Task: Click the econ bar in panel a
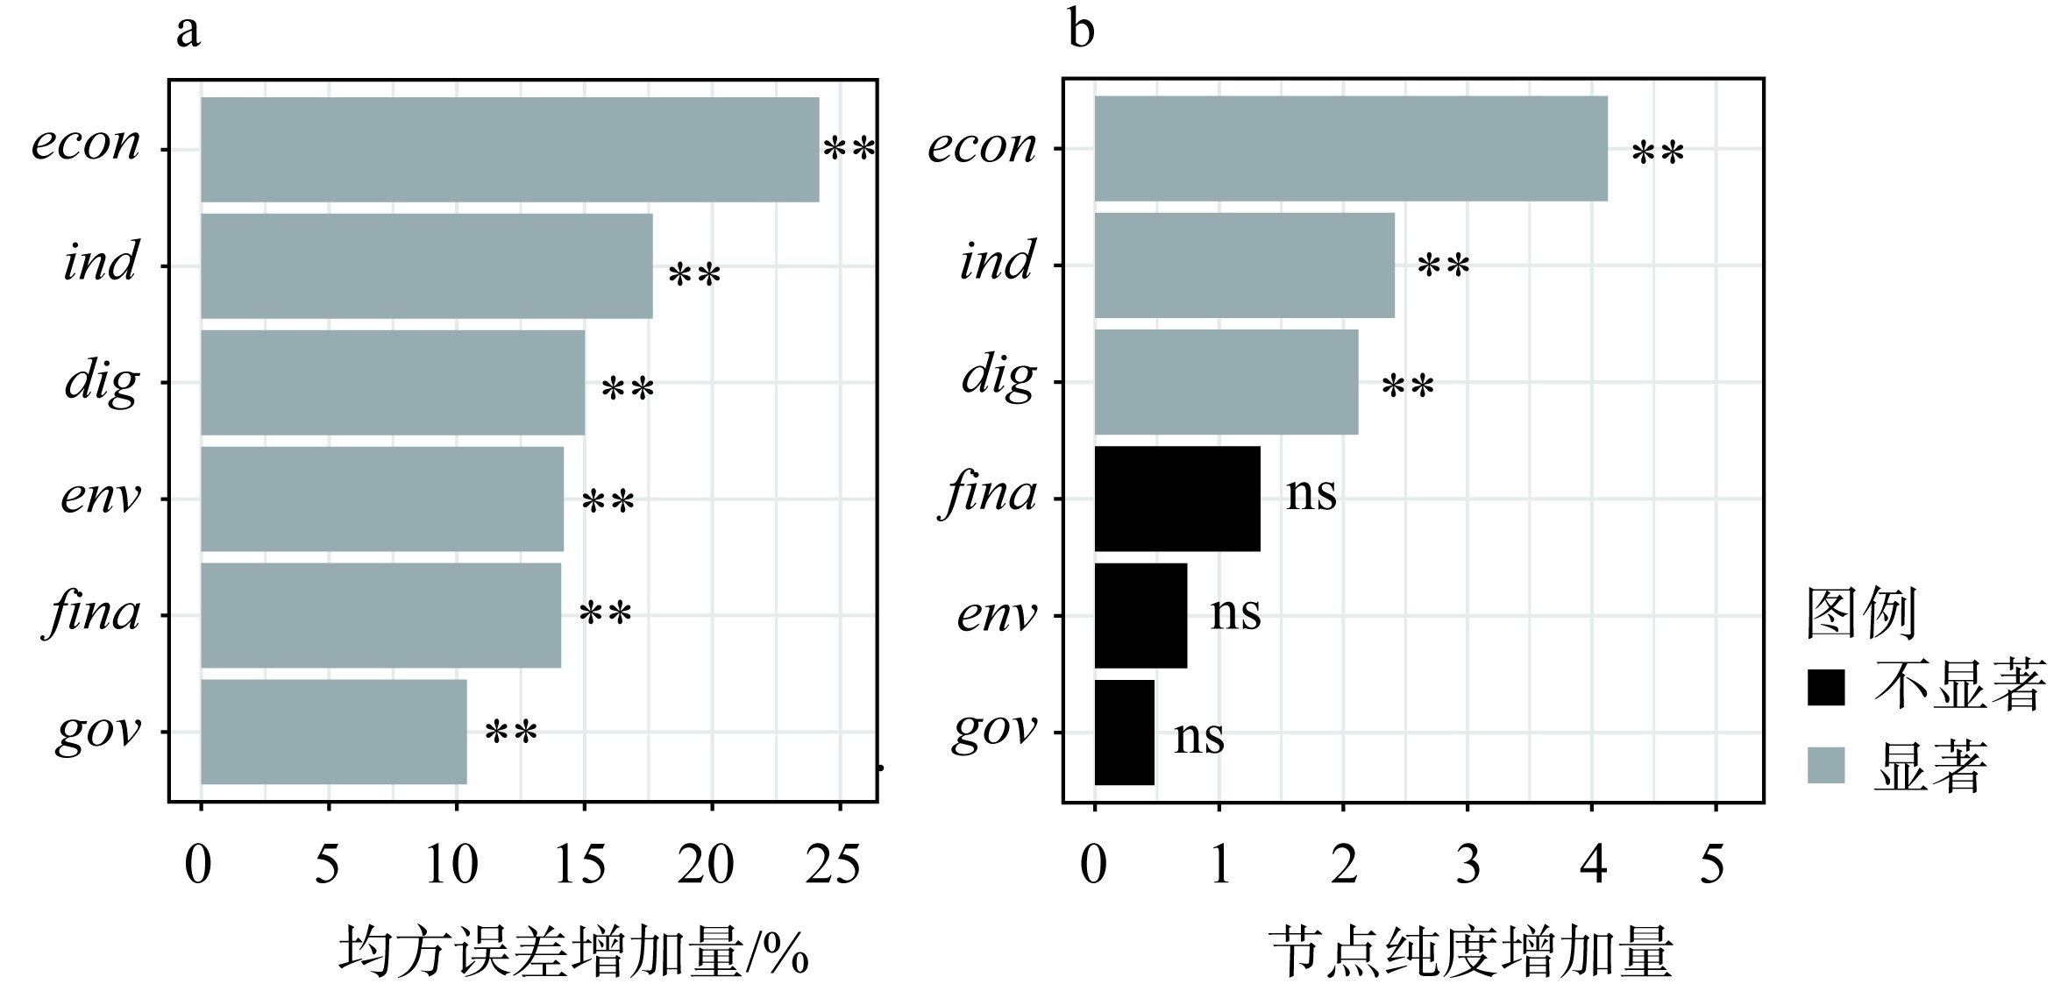[509, 150]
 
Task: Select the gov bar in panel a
[333, 732]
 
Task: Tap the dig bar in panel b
[1226, 382]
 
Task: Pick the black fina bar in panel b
[1176, 499]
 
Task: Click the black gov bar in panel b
[1124, 732]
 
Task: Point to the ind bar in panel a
[426, 265]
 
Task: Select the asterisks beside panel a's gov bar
[511, 733]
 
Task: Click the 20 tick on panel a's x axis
[706, 865]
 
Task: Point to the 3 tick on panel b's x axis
[1467, 865]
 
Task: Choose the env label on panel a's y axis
[100, 498]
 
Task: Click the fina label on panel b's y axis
[991, 495]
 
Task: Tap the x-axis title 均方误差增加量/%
[573, 952]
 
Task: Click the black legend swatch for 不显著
[1825, 687]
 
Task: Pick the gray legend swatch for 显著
[1825, 765]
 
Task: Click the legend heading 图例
[1861, 613]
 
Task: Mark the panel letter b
[1081, 31]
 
